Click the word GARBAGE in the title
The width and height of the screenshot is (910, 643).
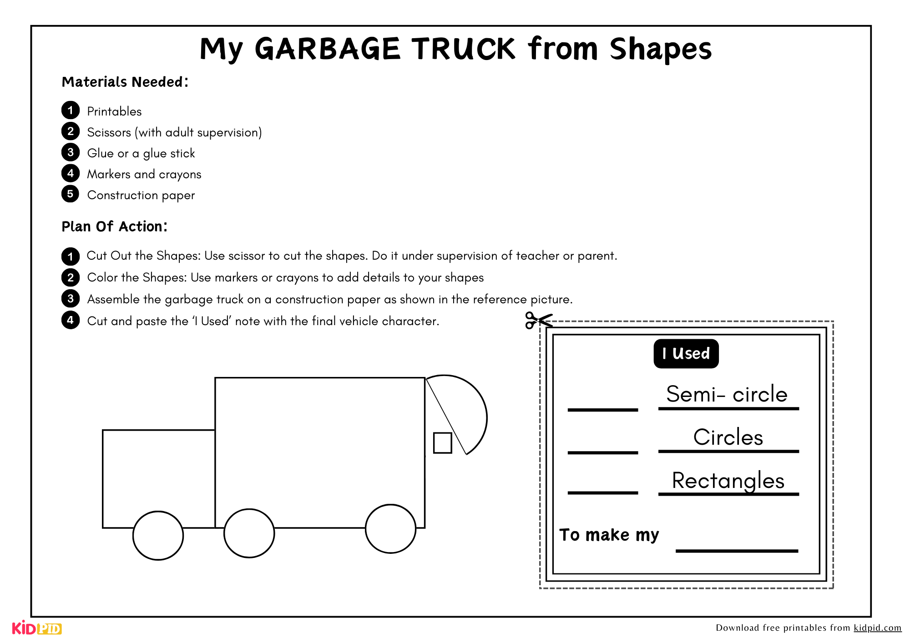coord(328,49)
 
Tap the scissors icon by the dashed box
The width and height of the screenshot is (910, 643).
coord(539,320)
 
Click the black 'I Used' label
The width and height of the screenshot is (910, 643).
coord(686,354)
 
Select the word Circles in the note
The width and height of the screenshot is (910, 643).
coord(728,437)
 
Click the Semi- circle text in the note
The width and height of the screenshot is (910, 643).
coord(727,394)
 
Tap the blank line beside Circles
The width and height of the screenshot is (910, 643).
coord(603,452)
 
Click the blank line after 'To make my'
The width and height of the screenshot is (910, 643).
coord(737,551)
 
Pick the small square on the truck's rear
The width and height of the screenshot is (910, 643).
coord(443,442)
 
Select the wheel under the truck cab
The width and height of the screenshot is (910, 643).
coord(158,536)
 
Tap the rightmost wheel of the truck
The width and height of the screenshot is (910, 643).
coord(391,529)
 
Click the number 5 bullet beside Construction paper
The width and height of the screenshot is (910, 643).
coord(70,194)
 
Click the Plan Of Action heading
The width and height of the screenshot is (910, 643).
coord(115,226)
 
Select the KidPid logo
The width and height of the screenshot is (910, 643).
coord(37,628)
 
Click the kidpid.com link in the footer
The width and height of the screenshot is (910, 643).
coord(877,628)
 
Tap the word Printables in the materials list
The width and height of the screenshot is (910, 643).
coord(114,111)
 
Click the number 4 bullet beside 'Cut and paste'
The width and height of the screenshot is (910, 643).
coord(70,320)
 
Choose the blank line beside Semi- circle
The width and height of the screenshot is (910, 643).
coord(603,410)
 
